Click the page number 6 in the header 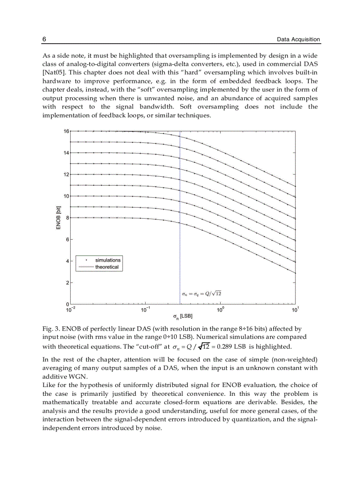click(44, 39)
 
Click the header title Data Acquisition click(298, 39)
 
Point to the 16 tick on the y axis click(67, 131)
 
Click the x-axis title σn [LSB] click(182, 316)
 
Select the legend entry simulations click(108, 260)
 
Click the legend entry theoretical click(107, 267)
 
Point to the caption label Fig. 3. click(50, 329)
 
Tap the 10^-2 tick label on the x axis click(70, 310)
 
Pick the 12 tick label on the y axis click(67, 175)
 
